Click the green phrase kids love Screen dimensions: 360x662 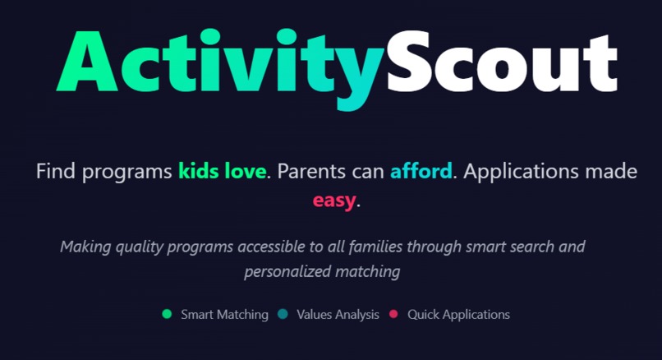click(x=222, y=172)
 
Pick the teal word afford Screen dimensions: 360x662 click(x=421, y=172)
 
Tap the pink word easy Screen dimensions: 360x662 click(x=333, y=200)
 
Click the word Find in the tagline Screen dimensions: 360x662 click(x=54, y=172)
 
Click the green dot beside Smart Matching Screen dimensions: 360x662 click(x=167, y=314)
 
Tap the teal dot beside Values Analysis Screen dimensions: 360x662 click(x=283, y=314)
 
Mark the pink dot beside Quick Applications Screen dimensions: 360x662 click(x=393, y=314)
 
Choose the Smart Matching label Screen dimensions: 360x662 click(x=224, y=314)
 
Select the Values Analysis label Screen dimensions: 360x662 click(x=338, y=314)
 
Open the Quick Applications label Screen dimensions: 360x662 click(x=458, y=314)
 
